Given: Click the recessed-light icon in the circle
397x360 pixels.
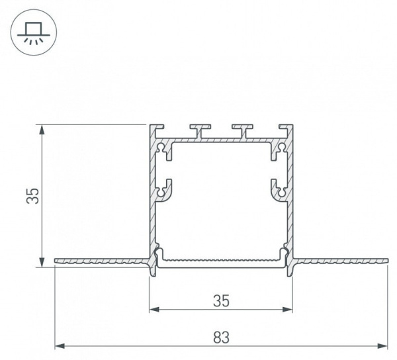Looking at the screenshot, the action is click(x=34, y=32).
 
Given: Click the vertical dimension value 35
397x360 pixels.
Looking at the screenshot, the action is click(x=33, y=196).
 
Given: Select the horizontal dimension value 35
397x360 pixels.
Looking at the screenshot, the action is click(x=221, y=301).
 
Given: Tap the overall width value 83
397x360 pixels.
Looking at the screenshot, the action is click(x=221, y=337).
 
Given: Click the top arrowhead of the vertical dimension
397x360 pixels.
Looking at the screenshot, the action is click(x=42, y=130).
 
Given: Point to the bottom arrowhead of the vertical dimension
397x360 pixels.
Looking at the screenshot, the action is click(x=42, y=262).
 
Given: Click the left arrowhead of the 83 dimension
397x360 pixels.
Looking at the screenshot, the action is click(x=60, y=346).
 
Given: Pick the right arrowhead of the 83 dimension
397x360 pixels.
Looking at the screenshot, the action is click(x=382, y=346).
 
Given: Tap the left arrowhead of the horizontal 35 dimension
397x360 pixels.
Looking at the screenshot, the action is click(x=154, y=309).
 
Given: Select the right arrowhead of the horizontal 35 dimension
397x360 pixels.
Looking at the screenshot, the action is click(x=288, y=309).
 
